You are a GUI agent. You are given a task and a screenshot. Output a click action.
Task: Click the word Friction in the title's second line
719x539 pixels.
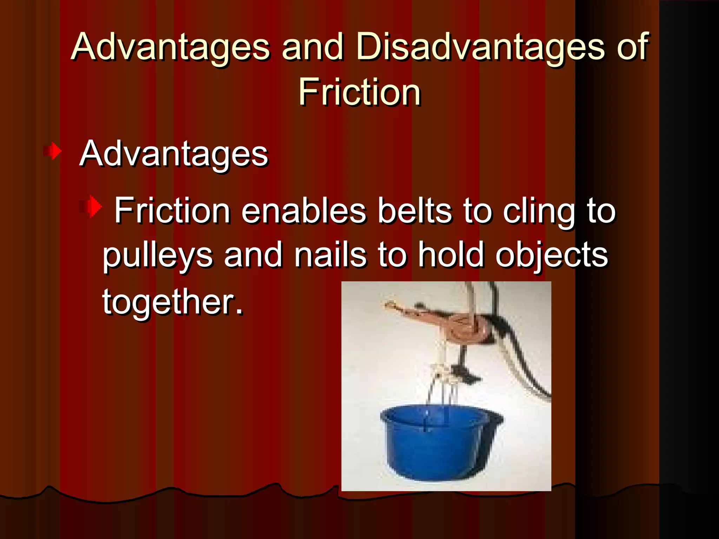click(x=359, y=92)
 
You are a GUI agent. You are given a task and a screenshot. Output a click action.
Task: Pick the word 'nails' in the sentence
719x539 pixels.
click(x=330, y=255)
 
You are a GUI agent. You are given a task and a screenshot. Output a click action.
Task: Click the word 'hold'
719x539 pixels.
click(x=451, y=255)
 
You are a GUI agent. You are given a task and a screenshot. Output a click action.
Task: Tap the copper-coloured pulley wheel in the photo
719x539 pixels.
click(x=467, y=326)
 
